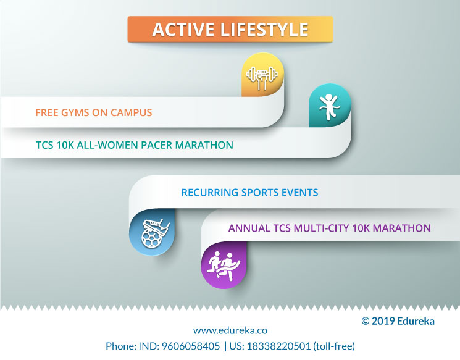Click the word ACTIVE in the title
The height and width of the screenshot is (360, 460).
(x=183, y=30)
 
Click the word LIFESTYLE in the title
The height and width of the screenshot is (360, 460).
(x=264, y=30)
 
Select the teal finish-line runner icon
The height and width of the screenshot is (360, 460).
(x=330, y=107)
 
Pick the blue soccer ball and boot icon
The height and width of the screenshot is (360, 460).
(x=155, y=233)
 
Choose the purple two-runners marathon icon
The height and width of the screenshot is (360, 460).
(x=224, y=266)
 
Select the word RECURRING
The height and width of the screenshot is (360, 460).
(x=210, y=193)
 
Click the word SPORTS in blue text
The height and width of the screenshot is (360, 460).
(x=260, y=193)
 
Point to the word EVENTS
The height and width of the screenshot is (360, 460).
(x=300, y=193)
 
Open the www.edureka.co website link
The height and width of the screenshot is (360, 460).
(x=230, y=330)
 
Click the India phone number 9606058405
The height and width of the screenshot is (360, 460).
(x=191, y=346)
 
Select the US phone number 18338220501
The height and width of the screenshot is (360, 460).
(x=278, y=346)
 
